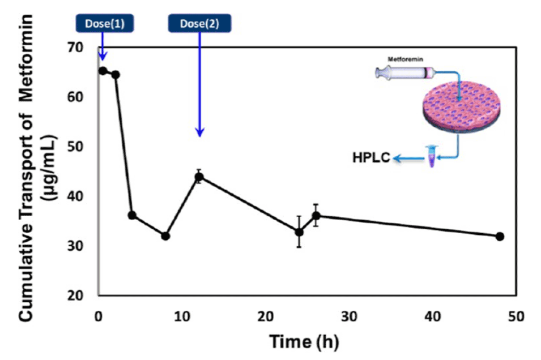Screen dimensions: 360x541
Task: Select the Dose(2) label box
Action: (200, 23)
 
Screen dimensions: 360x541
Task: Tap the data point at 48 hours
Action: (500, 236)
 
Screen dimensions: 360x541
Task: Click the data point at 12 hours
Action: (199, 177)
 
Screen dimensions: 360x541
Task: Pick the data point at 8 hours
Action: (165, 236)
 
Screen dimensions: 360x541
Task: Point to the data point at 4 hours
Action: (132, 215)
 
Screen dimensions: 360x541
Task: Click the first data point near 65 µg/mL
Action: (103, 71)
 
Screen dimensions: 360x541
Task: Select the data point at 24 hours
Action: (299, 232)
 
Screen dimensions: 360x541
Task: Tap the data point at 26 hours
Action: (316, 215)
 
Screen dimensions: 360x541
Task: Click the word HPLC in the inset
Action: (370, 158)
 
